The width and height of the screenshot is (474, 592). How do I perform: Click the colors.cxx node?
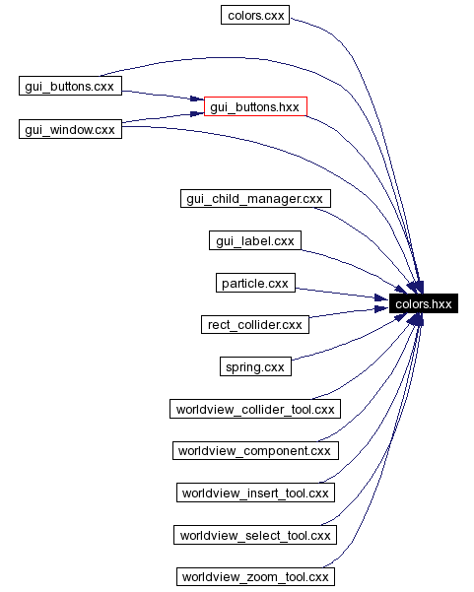click(254, 16)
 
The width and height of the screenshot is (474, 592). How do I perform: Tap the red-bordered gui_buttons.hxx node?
click(255, 106)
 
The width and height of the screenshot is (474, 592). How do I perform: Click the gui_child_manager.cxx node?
click(254, 199)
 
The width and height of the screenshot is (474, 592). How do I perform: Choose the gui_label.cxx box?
click(254, 241)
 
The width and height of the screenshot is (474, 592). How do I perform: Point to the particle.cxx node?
click(254, 284)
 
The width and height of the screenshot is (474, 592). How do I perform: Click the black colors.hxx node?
click(423, 304)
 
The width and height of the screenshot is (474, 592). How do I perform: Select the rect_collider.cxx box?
click(254, 324)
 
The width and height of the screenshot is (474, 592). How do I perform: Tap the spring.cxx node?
click(254, 367)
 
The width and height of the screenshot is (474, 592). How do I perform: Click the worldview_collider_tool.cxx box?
click(254, 409)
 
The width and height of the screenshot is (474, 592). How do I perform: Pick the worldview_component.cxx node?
click(254, 451)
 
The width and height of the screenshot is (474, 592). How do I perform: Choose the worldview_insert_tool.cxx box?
click(254, 493)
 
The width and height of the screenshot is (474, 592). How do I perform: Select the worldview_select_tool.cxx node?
click(254, 535)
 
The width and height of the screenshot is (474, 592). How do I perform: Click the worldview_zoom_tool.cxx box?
click(254, 577)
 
